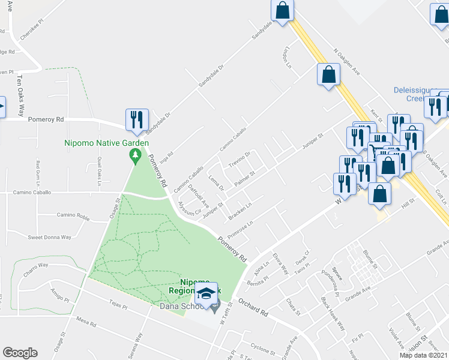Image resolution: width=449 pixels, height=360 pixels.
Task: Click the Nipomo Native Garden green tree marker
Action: tap(135, 156)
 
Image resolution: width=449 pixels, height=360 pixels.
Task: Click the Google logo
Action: tap(20, 353)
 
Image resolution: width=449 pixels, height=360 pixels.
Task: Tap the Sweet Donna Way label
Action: tap(49, 237)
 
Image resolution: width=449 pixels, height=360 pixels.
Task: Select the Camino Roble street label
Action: tap(73, 215)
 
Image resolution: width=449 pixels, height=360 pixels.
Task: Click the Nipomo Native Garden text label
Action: tap(107, 143)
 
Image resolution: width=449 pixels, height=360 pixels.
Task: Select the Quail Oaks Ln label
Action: tap(99, 167)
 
